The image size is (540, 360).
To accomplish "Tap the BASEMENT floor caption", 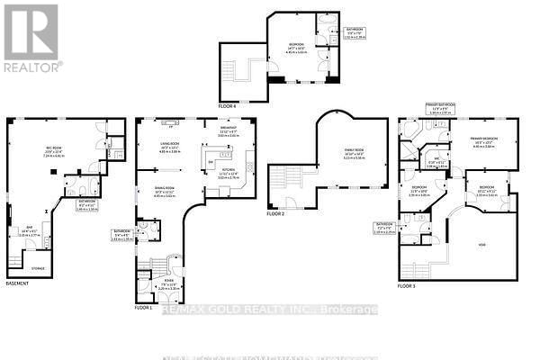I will tap(17, 284).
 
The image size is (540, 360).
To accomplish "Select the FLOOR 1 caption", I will tap(144, 308).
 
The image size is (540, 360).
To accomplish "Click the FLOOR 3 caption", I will tap(409, 286).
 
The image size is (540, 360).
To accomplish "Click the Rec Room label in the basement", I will tap(52, 152).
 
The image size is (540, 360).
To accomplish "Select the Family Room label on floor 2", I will tap(353, 153).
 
